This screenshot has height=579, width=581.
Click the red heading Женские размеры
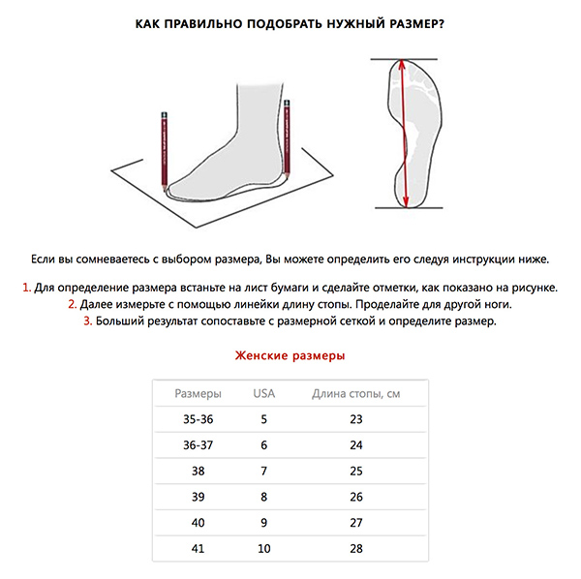(x=290, y=355)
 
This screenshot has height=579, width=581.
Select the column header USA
(x=263, y=393)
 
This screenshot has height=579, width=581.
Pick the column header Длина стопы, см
(x=355, y=393)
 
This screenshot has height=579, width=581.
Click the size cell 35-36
(x=198, y=419)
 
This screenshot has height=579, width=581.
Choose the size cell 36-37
(x=198, y=445)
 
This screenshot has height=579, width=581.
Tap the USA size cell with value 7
(x=263, y=472)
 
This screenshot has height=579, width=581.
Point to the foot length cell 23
(x=355, y=419)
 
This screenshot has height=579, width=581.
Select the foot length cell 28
(x=355, y=550)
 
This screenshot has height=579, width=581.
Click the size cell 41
(x=198, y=550)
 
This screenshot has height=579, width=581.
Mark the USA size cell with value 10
(x=263, y=550)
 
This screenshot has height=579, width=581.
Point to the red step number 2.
(x=72, y=305)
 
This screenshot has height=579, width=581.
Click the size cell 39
(x=198, y=498)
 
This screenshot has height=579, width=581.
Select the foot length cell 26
(x=355, y=498)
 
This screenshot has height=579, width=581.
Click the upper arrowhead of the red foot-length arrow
(x=401, y=67)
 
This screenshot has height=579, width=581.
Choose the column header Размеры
(x=198, y=393)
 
